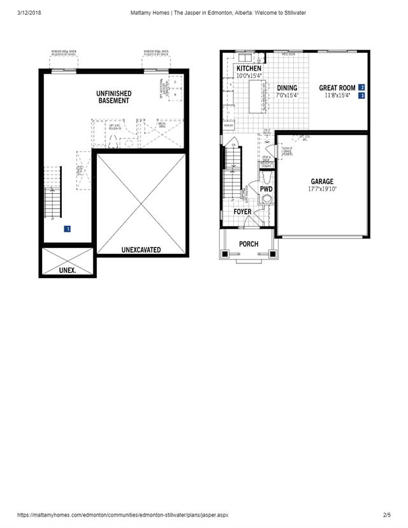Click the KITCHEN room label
[249, 68]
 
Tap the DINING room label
[287, 88]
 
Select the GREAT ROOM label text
[337, 88]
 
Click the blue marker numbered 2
[362, 87]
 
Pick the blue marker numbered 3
[362, 96]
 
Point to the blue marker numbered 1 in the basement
[67, 228]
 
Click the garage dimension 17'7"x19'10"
[322, 189]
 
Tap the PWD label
[266, 189]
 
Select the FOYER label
[242, 212]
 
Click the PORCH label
[249, 244]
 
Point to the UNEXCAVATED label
[141, 250]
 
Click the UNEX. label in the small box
[68, 270]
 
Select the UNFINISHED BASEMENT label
[114, 97]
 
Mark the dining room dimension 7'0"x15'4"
[287, 96]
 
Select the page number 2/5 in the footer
[386, 515]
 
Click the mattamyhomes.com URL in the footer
[122, 515]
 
